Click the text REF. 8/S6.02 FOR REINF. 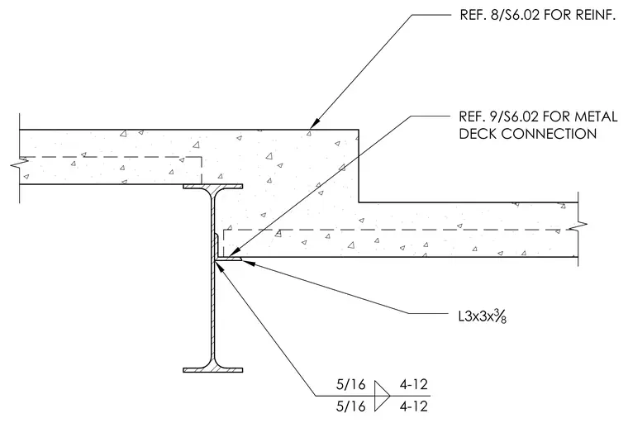(x=537, y=15)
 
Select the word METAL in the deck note (x=597, y=116)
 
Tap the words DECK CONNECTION (x=528, y=134)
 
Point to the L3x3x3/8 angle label (x=483, y=317)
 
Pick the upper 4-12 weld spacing (x=414, y=384)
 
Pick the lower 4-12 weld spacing (x=414, y=406)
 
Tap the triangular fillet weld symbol (x=381, y=396)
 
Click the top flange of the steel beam (x=212, y=186)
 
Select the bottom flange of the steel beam (x=212, y=370)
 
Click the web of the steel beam (x=212, y=278)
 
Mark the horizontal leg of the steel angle (x=228, y=259)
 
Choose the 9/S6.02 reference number (x=511, y=116)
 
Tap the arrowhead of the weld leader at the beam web (x=220, y=265)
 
